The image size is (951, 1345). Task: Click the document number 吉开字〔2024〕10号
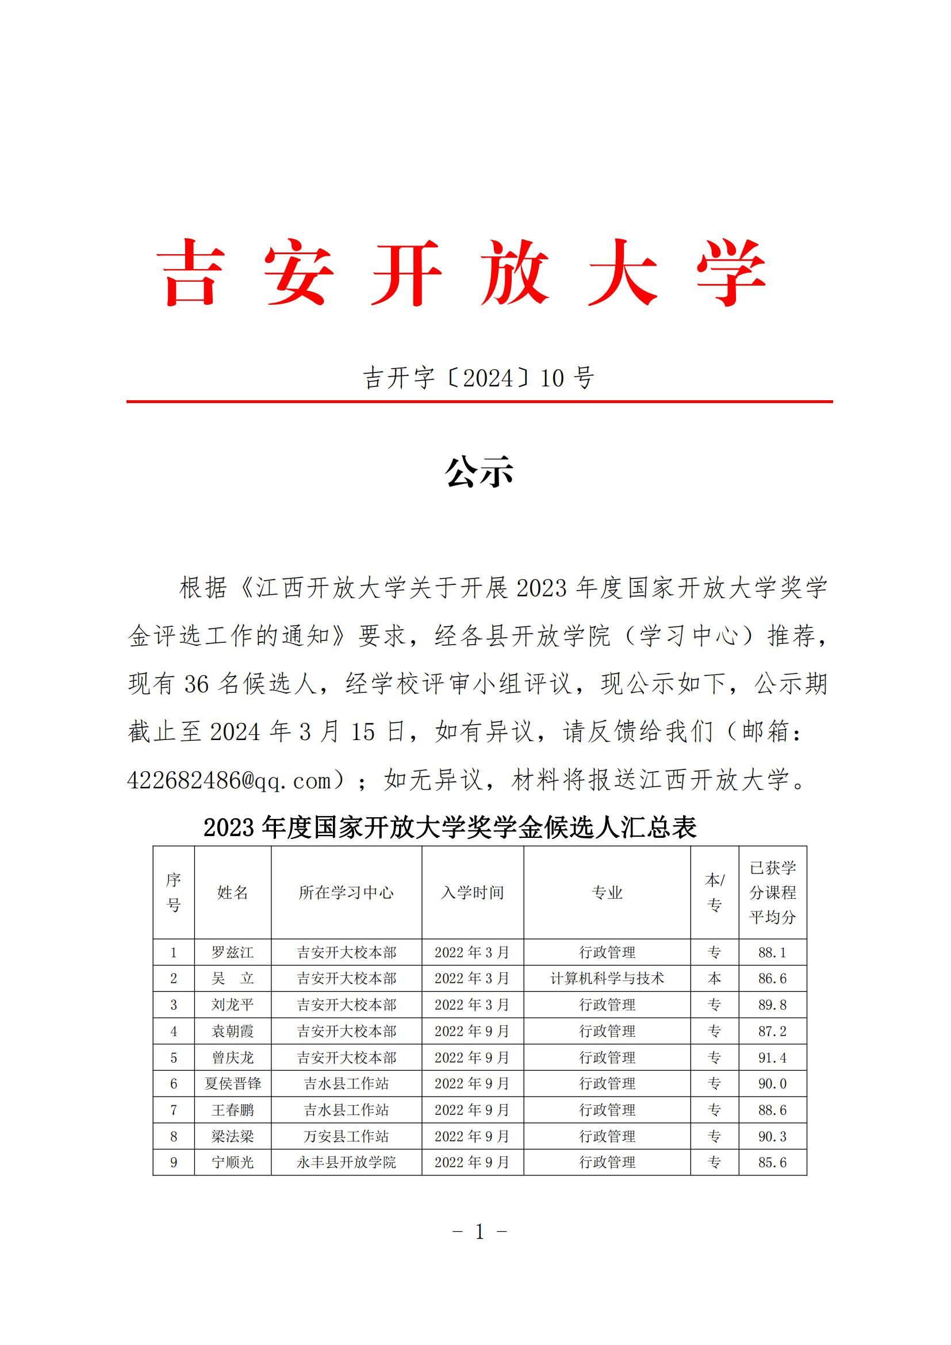pyautogui.click(x=478, y=378)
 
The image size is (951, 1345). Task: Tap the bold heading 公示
pyautogui.click(x=479, y=472)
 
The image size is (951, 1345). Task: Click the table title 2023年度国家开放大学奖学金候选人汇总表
pyautogui.click(x=450, y=827)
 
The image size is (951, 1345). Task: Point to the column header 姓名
pyautogui.click(x=232, y=892)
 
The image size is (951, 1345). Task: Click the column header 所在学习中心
pyautogui.click(x=346, y=892)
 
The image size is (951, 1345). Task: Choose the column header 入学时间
pyautogui.click(x=472, y=892)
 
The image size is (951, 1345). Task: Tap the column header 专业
pyautogui.click(x=607, y=892)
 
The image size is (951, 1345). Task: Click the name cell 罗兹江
pyautogui.click(x=232, y=952)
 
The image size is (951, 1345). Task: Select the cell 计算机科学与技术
pyautogui.click(x=607, y=978)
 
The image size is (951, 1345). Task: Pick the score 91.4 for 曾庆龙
pyautogui.click(x=772, y=1057)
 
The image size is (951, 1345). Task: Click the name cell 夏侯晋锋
pyautogui.click(x=232, y=1084)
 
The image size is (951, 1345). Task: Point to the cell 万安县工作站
pyautogui.click(x=346, y=1136)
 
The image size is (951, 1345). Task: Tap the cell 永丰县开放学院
pyautogui.click(x=346, y=1162)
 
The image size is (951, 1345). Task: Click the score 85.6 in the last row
pyautogui.click(x=772, y=1162)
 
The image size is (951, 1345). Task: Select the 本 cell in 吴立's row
pyautogui.click(x=715, y=978)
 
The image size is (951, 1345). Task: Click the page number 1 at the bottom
pyautogui.click(x=480, y=1231)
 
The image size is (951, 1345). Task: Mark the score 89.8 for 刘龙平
pyautogui.click(x=772, y=1005)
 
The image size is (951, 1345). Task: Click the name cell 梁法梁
pyautogui.click(x=232, y=1136)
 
